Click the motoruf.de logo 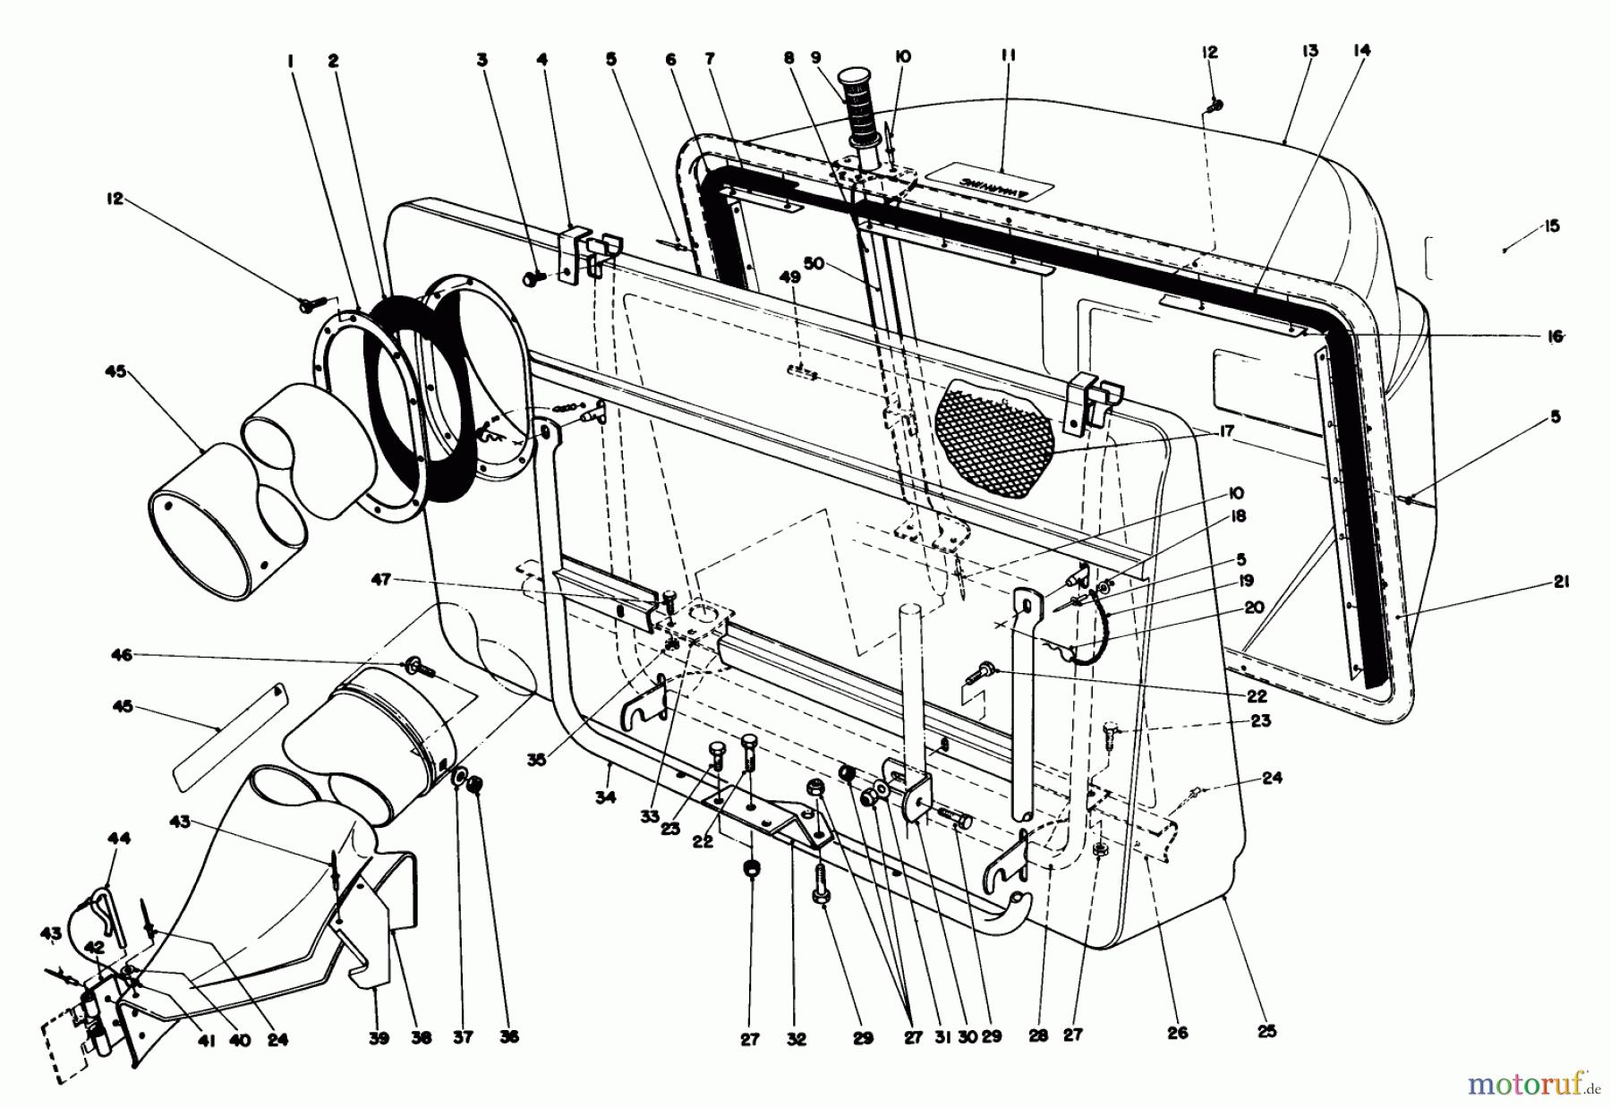1533,1085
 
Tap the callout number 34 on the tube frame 606,796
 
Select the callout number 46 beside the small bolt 121,656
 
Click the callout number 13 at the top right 1310,52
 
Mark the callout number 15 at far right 1551,226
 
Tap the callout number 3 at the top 483,61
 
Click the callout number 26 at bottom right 1178,1033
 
